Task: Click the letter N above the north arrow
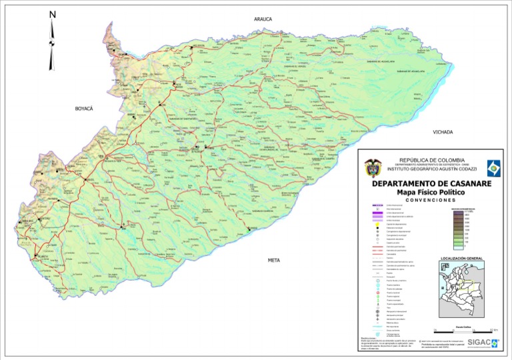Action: coord(53,14)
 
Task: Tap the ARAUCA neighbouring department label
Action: coord(263,19)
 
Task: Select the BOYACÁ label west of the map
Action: coord(84,108)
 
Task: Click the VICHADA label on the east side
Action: coord(442,132)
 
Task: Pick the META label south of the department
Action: coord(273,260)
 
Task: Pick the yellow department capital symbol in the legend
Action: coord(378,225)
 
